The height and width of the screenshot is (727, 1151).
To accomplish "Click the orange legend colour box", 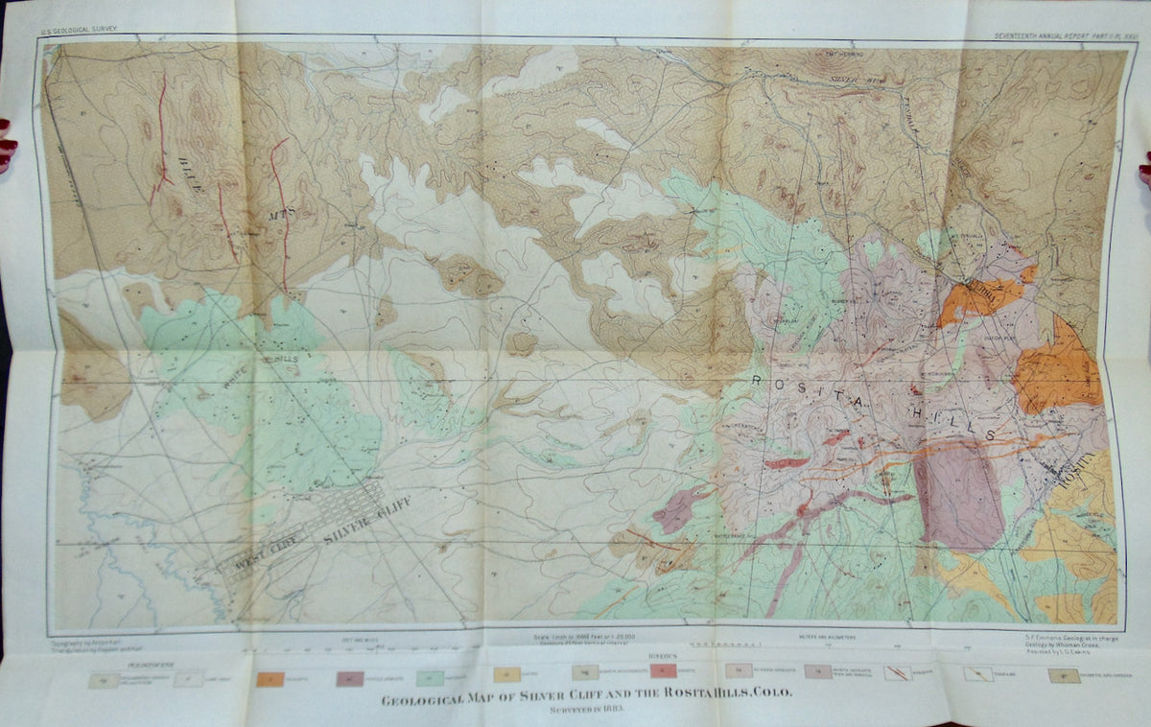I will pos(271,680).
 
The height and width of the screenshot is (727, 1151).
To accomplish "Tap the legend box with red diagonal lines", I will pos(899,673).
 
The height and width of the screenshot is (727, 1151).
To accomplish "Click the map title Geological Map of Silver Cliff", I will pos(586,697).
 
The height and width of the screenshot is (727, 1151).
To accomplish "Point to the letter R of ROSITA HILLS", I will pos(758,382).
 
